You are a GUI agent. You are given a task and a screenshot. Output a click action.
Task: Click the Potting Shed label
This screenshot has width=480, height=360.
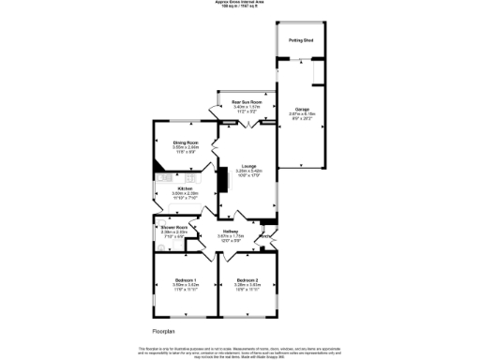tap(301, 41)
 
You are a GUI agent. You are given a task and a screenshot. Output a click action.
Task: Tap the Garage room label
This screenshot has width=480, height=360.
tap(302, 109)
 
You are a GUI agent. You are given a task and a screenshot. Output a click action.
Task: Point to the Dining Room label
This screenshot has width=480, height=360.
tap(185, 142)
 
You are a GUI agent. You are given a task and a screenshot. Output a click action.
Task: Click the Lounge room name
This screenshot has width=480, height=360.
tap(247, 165)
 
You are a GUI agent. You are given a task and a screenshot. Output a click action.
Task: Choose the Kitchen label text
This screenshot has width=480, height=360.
tap(185, 187)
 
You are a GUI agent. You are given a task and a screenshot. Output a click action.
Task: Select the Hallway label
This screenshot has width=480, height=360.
tap(231, 230)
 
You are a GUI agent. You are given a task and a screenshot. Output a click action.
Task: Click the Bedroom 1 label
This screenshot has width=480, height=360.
tap(185, 280)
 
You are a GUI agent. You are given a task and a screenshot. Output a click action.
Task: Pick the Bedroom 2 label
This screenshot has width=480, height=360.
tap(247, 280)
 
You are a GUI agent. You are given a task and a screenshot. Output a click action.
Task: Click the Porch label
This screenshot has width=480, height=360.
tap(266, 236)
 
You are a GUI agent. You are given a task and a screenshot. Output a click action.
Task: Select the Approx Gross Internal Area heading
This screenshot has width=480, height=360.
tap(240, 3)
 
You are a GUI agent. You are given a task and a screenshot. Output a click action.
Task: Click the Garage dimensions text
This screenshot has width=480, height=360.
tap(302, 114)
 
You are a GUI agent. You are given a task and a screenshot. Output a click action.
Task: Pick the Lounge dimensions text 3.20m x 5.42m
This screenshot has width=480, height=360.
tap(247, 171)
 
